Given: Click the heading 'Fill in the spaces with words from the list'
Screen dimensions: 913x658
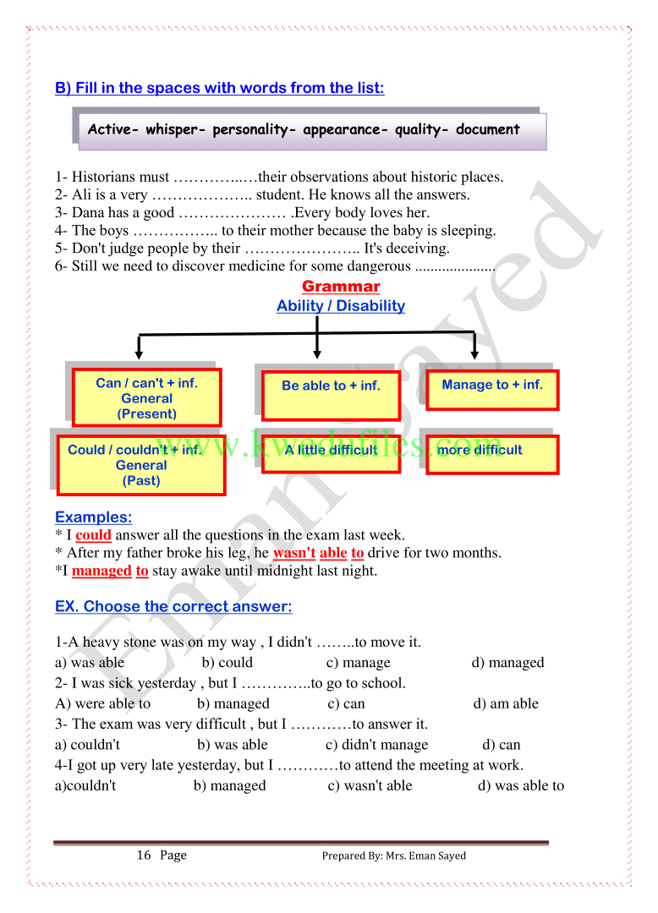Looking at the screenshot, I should coord(219,88).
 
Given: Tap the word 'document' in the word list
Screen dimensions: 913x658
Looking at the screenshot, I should coord(487,129).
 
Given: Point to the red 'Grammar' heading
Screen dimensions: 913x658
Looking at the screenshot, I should coord(341,287).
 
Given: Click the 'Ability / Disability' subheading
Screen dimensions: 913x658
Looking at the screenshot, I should coord(341,306).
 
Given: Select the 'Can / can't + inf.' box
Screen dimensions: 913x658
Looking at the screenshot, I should coord(147,397).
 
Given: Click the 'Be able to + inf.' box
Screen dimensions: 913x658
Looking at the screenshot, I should coord(331,395).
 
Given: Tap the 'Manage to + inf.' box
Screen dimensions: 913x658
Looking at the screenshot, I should coord(491,389).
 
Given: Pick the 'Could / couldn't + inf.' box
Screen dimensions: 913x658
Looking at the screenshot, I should coord(140,465).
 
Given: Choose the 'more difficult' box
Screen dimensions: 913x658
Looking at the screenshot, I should coord(491,454).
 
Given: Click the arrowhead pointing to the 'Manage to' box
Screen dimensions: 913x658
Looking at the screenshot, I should coord(474,353).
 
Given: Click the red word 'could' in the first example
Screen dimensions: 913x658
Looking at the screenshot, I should coord(93,535).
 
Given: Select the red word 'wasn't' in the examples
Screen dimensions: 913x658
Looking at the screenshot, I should coord(293,553).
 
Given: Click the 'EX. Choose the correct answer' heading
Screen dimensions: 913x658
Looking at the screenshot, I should coord(173,607).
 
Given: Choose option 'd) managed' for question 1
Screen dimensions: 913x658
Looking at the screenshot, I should coord(507,663).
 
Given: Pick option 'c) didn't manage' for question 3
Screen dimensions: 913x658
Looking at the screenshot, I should coord(377,745).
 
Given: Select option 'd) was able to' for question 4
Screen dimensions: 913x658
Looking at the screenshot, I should coord(521,785).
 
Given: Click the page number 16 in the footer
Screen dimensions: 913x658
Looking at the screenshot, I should coord(144,855).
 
